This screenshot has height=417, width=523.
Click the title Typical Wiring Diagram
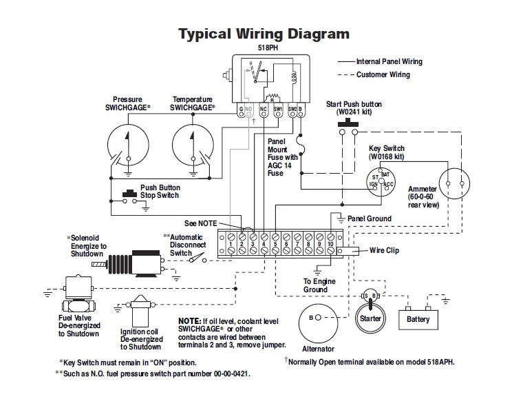pyautogui.click(x=264, y=34)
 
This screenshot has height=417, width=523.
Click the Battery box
pyautogui.click(x=418, y=319)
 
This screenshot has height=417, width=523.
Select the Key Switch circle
pyautogui.click(x=380, y=181)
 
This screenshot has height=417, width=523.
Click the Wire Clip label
pyautogui.click(x=385, y=251)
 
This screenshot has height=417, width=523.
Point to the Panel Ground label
pyautogui.click(x=369, y=218)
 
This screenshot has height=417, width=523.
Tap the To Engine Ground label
pyautogui.click(x=317, y=286)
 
